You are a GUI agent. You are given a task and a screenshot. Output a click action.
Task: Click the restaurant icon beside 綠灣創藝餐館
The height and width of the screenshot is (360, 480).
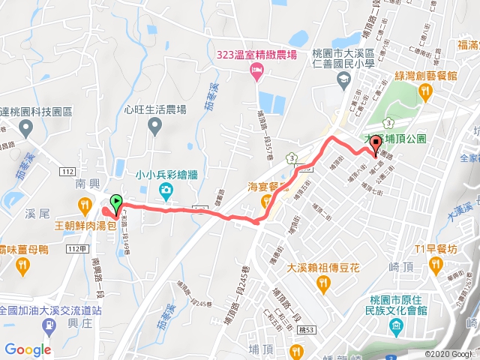pos(426,91)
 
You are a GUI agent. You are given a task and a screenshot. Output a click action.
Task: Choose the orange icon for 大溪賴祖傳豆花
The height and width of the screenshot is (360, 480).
pos(324,283)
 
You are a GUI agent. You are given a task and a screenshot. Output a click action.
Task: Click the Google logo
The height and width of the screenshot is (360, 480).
pos(28,349)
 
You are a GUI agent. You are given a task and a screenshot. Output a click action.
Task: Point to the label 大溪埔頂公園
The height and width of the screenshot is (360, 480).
pos(394,139)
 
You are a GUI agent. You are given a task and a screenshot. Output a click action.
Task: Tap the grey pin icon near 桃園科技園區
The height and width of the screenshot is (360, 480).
pos(28,127)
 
